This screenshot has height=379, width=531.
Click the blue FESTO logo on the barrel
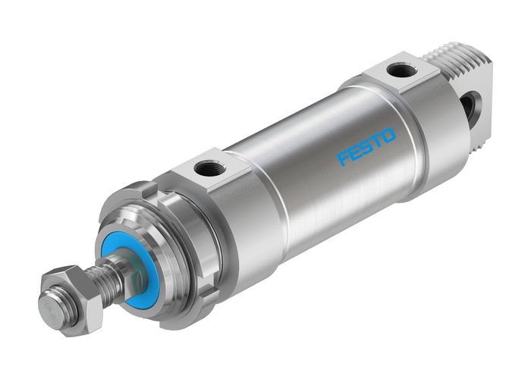coord(366,146)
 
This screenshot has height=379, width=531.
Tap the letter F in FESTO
coord(343,158)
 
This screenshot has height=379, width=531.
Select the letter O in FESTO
coord(388,135)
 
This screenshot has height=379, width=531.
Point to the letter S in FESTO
coord(366,146)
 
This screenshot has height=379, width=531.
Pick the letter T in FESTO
coord(377,140)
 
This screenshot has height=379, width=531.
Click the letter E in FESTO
coord(355,152)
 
